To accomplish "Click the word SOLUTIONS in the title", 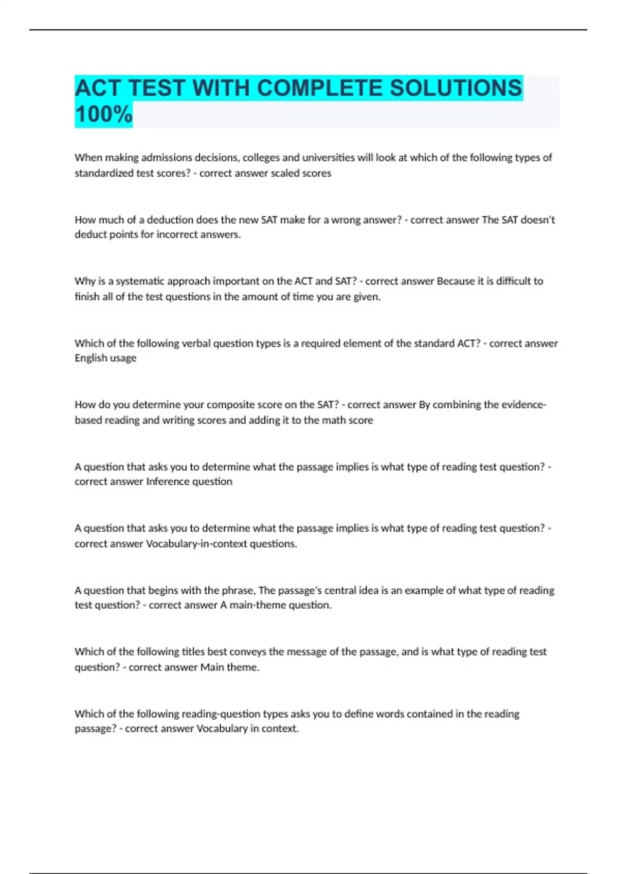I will (456, 88).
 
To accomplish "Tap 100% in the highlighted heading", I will (103, 114).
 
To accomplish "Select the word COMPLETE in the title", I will (319, 88).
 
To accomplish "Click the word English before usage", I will (89, 358).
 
